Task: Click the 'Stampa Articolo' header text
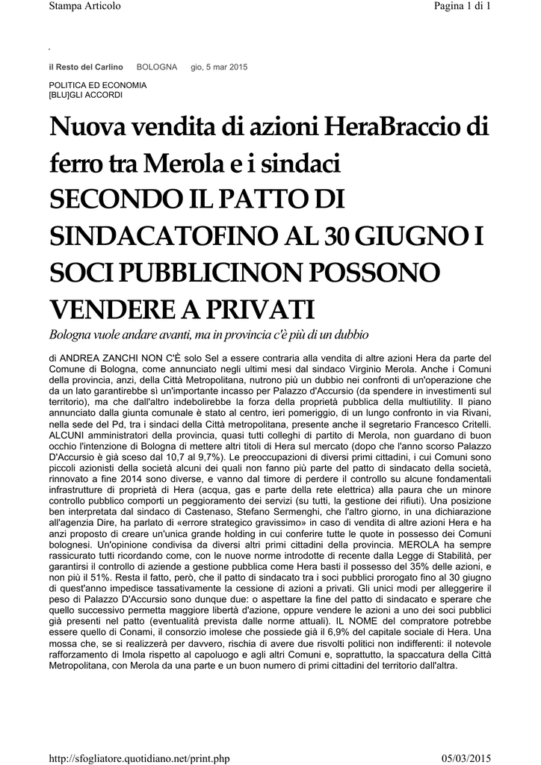(84, 7)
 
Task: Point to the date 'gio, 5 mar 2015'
(219, 67)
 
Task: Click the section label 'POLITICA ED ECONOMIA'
(98, 85)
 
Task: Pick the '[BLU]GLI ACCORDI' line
(85, 95)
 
